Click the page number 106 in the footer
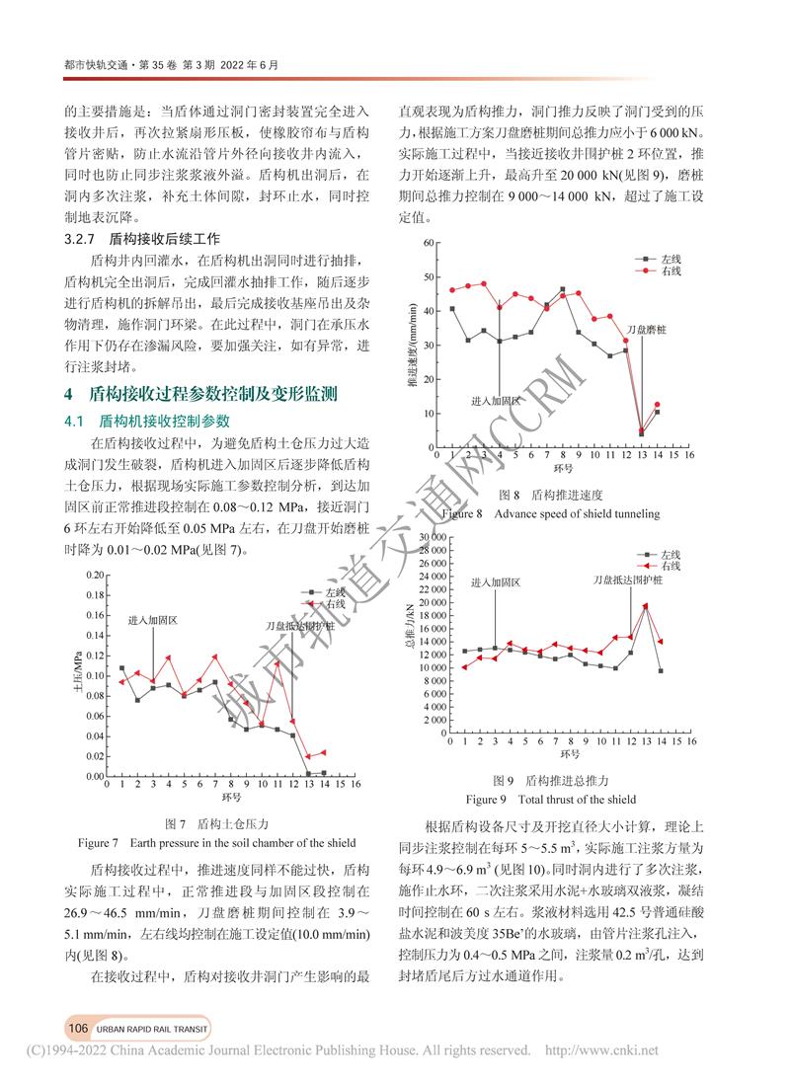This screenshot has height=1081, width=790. [x=79, y=1028]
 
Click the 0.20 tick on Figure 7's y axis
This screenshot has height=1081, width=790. [x=94, y=575]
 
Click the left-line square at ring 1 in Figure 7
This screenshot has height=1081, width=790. [x=122, y=668]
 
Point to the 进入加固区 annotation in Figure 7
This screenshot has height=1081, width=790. [x=152, y=621]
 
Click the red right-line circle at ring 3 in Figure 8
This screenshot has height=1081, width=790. [x=483, y=283]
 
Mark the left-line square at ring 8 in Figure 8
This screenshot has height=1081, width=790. [x=562, y=289]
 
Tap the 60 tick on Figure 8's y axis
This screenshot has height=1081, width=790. [x=428, y=242]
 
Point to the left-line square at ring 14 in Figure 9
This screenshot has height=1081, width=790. [x=660, y=671]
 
